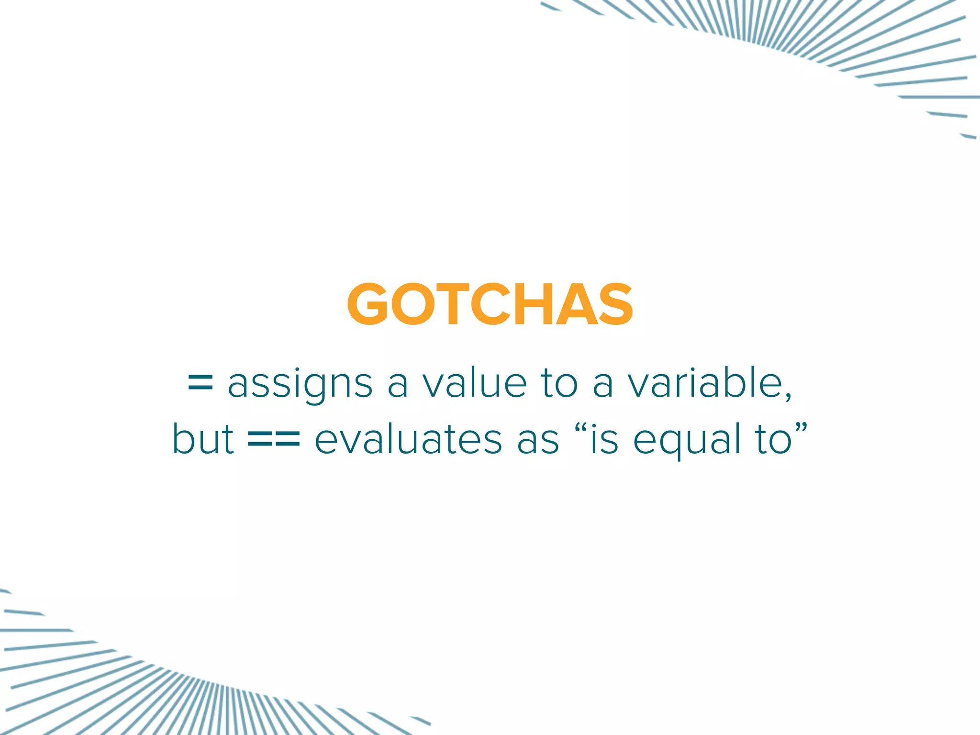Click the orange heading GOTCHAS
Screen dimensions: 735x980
click(x=490, y=304)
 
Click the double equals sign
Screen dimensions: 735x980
click(x=274, y=439)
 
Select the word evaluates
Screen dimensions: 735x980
click(x=408, y=439)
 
